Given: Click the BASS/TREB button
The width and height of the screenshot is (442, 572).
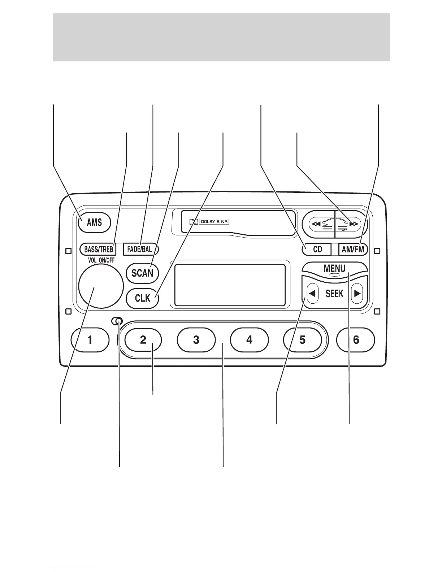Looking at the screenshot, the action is [98, 249].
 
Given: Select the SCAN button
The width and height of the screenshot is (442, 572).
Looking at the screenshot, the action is [142, 273].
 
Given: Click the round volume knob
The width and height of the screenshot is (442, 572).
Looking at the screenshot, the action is [101, 286].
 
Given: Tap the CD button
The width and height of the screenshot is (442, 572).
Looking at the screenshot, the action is [317, 250].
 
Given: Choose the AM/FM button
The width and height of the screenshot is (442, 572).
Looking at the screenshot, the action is [353, 250].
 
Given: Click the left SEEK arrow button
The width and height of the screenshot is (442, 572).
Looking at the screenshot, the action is [312, 294].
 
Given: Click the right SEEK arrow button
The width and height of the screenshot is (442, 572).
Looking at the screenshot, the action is [357, 294].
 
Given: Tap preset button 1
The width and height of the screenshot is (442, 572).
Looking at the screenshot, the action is [90, 340].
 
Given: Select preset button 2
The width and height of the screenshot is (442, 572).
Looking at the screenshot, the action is [143, 340].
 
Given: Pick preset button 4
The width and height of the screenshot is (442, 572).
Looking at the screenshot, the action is [249, 340].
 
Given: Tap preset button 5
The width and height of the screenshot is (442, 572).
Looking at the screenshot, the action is [302, 340].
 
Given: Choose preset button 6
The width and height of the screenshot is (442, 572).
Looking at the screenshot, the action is [356, 340].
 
